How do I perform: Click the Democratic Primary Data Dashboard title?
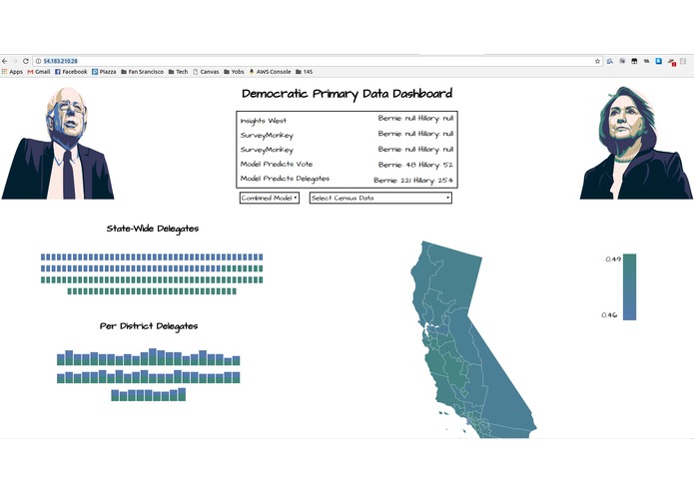click(x=347, y=94)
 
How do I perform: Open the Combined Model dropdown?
click(x=270, y=198)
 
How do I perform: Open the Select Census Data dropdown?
click(x=380, y=198)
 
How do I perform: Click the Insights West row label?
click(x=263, y=121)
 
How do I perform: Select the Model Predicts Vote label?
click(x=277, y=164)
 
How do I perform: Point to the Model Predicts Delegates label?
click(x=285, y=179)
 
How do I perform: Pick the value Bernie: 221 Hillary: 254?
click(x=413, y=180)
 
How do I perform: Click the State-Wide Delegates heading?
click(x=152, y=229)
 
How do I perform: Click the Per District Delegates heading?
click(x=149, y=326)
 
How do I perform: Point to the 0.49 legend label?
click(x=612, y=259)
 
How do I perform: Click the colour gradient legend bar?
click(x=629, y=287)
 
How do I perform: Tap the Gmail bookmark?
click(x=38, y=72)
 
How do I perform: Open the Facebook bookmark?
click(x=71, y=72)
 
